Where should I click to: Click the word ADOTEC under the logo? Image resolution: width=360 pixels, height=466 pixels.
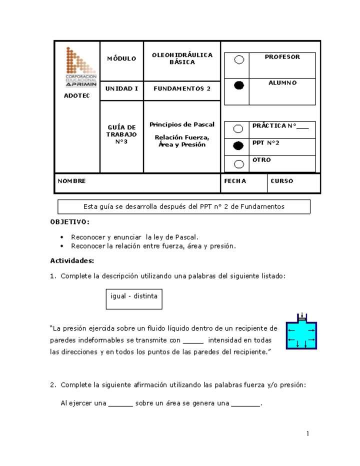77,95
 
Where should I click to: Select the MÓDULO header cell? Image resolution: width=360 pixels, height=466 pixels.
121,59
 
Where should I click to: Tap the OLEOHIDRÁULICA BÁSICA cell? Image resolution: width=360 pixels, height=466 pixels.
182,59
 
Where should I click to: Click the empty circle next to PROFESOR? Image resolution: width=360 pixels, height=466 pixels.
239,60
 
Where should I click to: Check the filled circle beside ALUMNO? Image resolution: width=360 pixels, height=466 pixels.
239,85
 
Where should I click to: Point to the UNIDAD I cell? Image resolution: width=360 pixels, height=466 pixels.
121,88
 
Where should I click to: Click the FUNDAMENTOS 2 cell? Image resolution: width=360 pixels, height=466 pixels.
182,88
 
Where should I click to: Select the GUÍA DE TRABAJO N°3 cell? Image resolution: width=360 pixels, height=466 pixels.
121,134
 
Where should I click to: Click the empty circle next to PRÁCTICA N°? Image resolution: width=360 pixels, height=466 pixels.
238,129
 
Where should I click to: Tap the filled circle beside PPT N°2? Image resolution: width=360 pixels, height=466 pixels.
238,146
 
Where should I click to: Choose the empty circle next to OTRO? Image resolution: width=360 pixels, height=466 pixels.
238,164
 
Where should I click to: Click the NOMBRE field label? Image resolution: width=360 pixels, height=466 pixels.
72,181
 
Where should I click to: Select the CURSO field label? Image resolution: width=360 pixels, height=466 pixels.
282,181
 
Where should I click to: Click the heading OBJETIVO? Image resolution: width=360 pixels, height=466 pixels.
70,221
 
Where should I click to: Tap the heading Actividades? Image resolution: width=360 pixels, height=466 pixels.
72,260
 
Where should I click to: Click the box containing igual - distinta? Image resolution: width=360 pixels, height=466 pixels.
134,298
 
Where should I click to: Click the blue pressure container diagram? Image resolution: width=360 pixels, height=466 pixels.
301,332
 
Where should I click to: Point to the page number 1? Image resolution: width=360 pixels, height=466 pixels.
308,433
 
